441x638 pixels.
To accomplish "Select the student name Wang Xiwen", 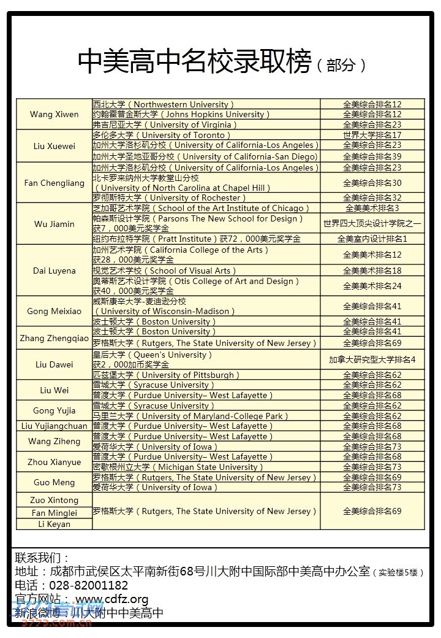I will click(54, 115).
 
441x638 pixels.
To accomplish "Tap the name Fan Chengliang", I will click(54, 183).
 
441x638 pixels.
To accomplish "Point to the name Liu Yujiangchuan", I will click(54, 426).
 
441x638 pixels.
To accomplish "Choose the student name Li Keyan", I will click(54, 524).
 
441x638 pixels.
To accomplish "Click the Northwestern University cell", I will click(163, 104).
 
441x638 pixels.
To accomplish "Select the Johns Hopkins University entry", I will click(181, 114).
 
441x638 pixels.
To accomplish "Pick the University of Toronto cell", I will click(162, 135).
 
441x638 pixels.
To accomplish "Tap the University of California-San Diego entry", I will click(205, 156).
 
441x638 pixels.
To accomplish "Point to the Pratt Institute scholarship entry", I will click(197, 239).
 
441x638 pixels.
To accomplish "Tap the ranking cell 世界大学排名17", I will click(372, 135).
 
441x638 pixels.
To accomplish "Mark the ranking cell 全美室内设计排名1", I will click(372, 239).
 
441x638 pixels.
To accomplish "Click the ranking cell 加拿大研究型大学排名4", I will click(372, 359).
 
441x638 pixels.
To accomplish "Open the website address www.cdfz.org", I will click(111, 599).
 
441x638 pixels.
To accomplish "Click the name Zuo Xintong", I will click(54, 500).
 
